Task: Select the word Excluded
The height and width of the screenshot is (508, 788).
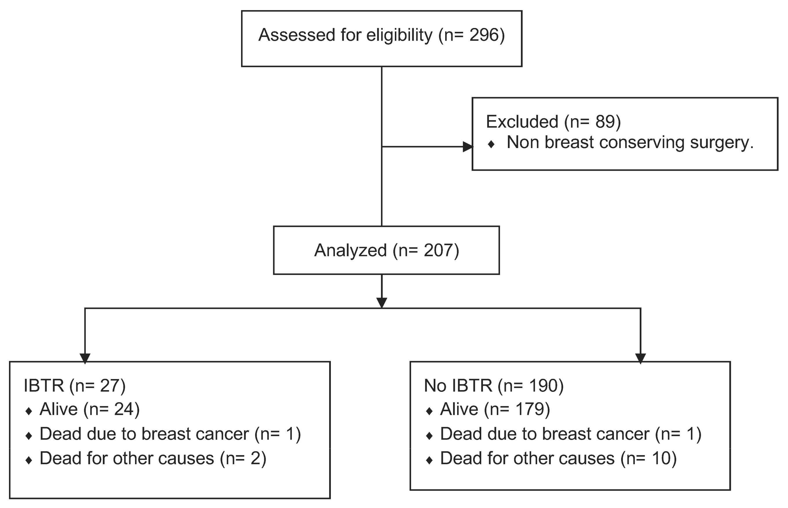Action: [522, 122]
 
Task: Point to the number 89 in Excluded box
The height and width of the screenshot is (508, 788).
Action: [605, 122]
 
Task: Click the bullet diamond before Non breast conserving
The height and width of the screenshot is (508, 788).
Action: [491, 144]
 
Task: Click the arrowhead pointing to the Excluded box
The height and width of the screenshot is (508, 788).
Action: [468, 147]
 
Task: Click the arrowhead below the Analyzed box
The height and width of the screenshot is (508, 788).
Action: [382, 302]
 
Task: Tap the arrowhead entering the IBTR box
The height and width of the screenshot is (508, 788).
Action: [85, 358]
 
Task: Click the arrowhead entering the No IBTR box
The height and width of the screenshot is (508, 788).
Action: [640, 358]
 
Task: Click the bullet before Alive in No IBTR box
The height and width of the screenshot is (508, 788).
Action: [429, 411]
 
